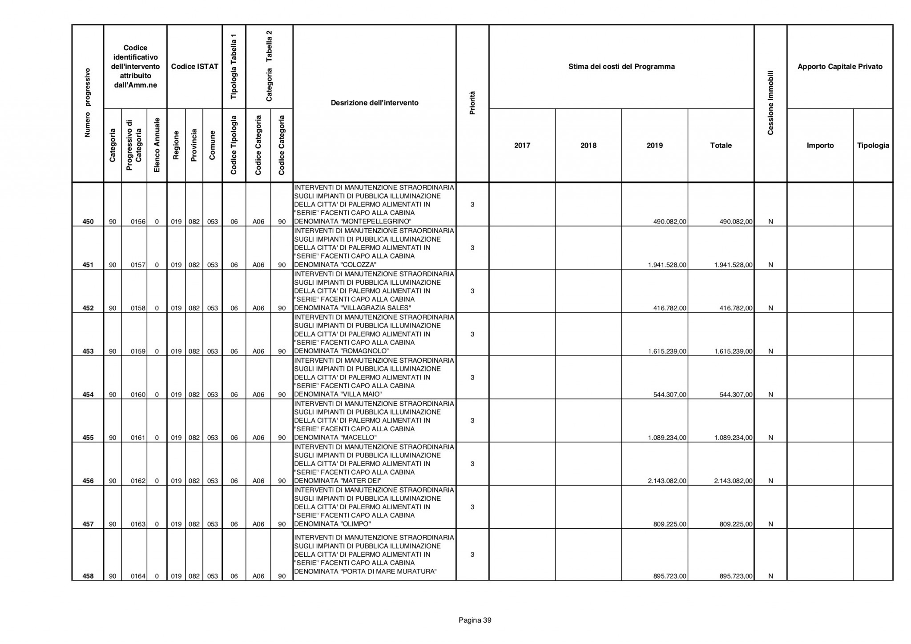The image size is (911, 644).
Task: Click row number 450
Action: pos(88,222)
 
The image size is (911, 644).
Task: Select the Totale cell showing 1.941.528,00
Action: pos(734,265)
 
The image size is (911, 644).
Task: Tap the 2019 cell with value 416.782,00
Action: pos(669,308)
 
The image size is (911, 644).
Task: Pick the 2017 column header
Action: pos(522,146)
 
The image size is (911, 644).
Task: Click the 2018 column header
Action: pos(588,146)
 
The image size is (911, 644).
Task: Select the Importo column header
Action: pos(820,146)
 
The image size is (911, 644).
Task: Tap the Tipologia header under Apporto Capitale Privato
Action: pos(873,146)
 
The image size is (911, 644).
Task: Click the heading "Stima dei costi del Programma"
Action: pos(621,67)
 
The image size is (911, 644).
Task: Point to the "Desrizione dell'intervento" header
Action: pos(375,103)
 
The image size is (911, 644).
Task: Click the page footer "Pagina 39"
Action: pos(475,620)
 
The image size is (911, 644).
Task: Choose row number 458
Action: pos(88,576)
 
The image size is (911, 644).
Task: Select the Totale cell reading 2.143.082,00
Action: pos(734,481)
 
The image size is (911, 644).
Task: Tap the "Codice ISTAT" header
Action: pos(194,67)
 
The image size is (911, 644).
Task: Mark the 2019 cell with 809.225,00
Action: pos(669,524)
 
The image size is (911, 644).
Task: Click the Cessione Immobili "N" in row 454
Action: pos(770,394)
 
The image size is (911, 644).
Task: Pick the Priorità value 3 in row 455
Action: pos(472,421)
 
